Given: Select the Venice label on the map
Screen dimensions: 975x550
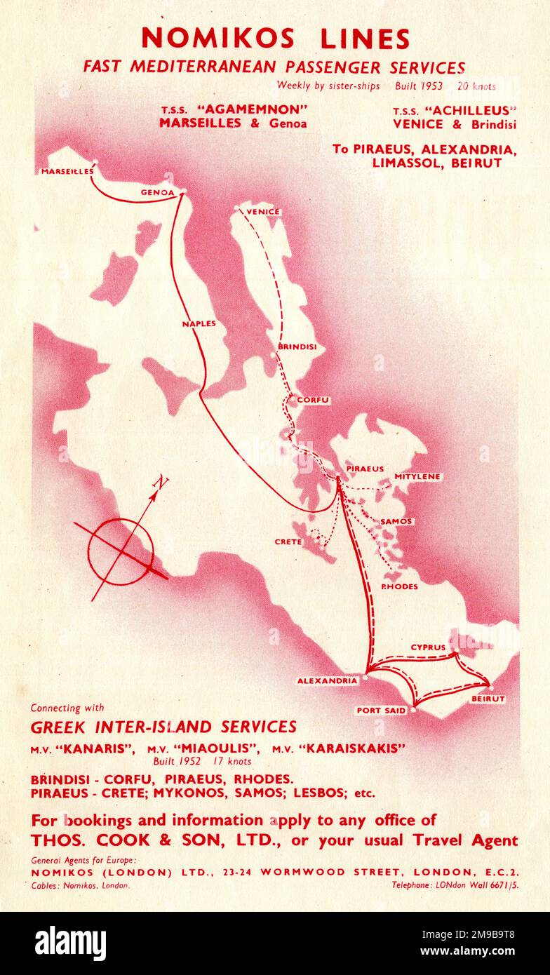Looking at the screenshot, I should click(264, 212).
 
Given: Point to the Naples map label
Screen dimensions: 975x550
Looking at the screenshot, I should click(199, 324).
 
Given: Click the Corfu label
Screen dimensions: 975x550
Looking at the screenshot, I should click(313, 400).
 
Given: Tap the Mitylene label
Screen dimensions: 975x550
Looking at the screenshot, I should click(417, 477).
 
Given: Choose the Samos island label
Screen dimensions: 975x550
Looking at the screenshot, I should click(396, 522).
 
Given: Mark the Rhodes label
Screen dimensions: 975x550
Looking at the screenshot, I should click(399, 586).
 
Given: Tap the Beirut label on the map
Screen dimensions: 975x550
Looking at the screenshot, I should click(488, 699).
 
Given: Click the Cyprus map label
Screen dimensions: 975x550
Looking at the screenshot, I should click(428, 647).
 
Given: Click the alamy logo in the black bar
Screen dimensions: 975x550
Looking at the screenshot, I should click(70, 943).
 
